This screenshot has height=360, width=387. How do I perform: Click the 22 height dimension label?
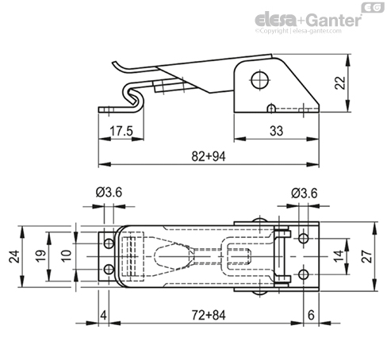[x=340, y=82]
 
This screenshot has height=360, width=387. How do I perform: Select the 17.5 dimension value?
[x=121, y=131]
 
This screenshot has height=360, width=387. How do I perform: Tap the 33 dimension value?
[x=276, y=131]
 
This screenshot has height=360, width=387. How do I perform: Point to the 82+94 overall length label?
[x=209, y=156]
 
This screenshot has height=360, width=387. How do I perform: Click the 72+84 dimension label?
[x=209, y=315]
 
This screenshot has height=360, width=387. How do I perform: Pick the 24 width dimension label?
[x=14, y=256]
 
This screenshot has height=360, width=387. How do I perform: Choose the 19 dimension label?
[x=41, y=256]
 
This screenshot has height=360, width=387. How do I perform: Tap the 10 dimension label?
[x=66, y=256]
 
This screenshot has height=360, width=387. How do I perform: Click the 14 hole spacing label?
[x=339, y=256]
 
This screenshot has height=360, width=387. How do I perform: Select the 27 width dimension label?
[x=366, y=256]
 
